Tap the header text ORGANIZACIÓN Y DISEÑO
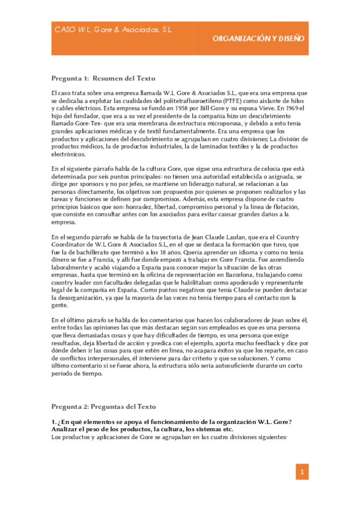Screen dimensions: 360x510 coord(258,38)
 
